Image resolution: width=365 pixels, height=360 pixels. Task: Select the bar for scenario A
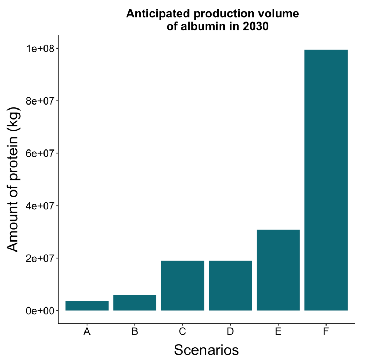click(87, 306)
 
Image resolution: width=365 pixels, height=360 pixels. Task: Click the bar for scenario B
click(135, 303)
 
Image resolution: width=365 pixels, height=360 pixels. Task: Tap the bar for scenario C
click(182, 285)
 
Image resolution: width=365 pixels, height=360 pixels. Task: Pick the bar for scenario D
click(230, 285)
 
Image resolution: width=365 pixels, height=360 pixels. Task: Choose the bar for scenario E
click(278, 270)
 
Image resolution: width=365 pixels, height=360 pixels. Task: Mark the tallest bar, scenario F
click(326, 180)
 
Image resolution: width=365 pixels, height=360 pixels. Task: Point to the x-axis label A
click(87, 332)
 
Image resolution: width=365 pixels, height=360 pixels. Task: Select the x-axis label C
click(182, 332)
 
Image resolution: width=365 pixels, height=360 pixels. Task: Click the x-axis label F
click(326, 332)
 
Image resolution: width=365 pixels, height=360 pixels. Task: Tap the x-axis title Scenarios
click(206, 350)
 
